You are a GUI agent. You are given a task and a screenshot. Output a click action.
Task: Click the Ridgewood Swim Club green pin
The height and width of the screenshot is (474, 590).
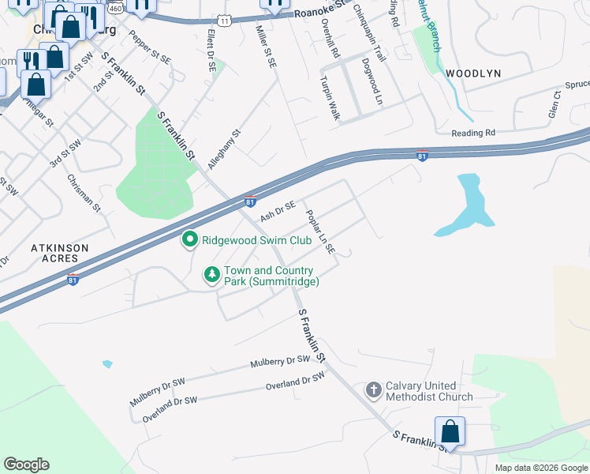tap(189, 239)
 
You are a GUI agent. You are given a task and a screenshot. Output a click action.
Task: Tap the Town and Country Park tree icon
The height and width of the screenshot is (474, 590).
tap(211, 275)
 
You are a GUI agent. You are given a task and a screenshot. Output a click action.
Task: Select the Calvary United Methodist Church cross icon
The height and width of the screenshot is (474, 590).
tap(374, 389)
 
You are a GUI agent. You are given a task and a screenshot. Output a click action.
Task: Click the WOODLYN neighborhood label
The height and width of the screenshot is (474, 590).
tap(473, 73)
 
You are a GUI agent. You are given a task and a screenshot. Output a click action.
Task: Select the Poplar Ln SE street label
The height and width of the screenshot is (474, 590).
tap(321, 231)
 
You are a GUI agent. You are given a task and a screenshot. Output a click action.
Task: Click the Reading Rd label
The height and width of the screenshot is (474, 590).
tap(473, 134)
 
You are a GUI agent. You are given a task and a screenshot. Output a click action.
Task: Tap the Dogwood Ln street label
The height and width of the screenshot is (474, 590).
tap(372, 81)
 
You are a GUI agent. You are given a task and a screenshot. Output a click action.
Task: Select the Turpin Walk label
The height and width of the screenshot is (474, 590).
tap(330, 98)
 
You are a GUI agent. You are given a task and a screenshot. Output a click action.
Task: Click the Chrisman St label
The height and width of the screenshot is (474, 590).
tap(84, 194)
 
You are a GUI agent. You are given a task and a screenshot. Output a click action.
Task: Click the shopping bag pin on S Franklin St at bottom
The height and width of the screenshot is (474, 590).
tap(450, 432)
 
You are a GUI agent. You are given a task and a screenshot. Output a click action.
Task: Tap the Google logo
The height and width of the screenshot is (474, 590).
tap(26, 465)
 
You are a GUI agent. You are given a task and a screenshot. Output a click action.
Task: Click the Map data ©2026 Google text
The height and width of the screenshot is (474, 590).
tap(540, 468)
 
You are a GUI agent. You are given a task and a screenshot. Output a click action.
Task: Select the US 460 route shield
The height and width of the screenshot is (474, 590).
tap(115, 8)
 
